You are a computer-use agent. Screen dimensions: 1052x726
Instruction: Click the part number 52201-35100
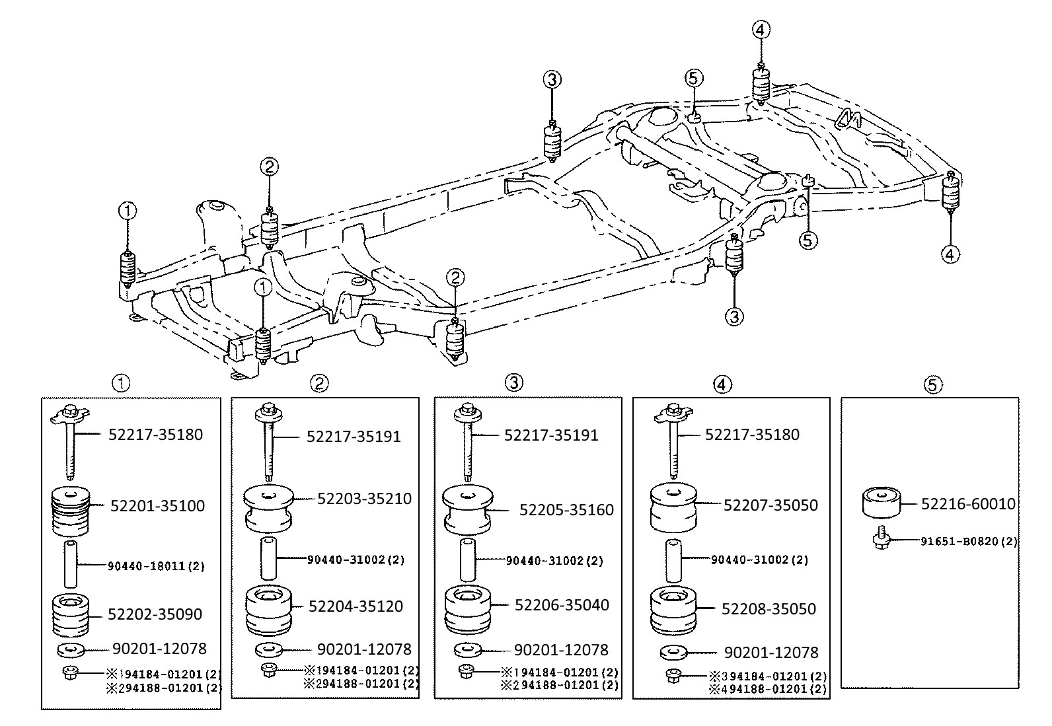tap(157, 506)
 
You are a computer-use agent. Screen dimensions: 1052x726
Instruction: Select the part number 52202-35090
tap(155, 614)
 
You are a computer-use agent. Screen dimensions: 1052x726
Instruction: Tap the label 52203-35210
tap(365, 498)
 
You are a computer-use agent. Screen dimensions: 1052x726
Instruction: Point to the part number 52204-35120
tap(356, 606)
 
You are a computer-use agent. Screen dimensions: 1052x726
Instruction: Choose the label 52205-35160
tap(566, 509)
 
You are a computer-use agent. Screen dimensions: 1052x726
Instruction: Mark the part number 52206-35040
tap(562, 605)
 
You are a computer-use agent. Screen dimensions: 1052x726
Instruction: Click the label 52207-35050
tap(770, 505)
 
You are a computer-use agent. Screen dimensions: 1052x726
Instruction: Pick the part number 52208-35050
tap(769, 608)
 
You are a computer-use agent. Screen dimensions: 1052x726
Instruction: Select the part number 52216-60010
tap(968, 504)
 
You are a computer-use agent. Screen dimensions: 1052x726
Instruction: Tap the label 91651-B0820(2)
tap(969, 542)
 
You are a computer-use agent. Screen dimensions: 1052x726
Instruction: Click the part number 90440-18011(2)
tap(157, 566)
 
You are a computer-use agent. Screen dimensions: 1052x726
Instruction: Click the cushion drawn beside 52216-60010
tap(881, 502)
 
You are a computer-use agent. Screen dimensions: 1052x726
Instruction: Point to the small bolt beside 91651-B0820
tap(882, 538)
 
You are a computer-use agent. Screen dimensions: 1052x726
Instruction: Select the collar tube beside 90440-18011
tap(71, 563)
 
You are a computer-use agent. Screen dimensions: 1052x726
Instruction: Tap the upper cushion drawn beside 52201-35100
tap(71, 511)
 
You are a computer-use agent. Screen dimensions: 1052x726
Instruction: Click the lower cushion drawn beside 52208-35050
tap(673, 610)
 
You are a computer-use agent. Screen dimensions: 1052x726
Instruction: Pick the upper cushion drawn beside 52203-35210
tap(269, 509)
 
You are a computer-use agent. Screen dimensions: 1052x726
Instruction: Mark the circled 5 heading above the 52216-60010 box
tap(932, 385)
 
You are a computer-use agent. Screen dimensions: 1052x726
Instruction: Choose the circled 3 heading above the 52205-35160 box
tap(514, 382)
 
